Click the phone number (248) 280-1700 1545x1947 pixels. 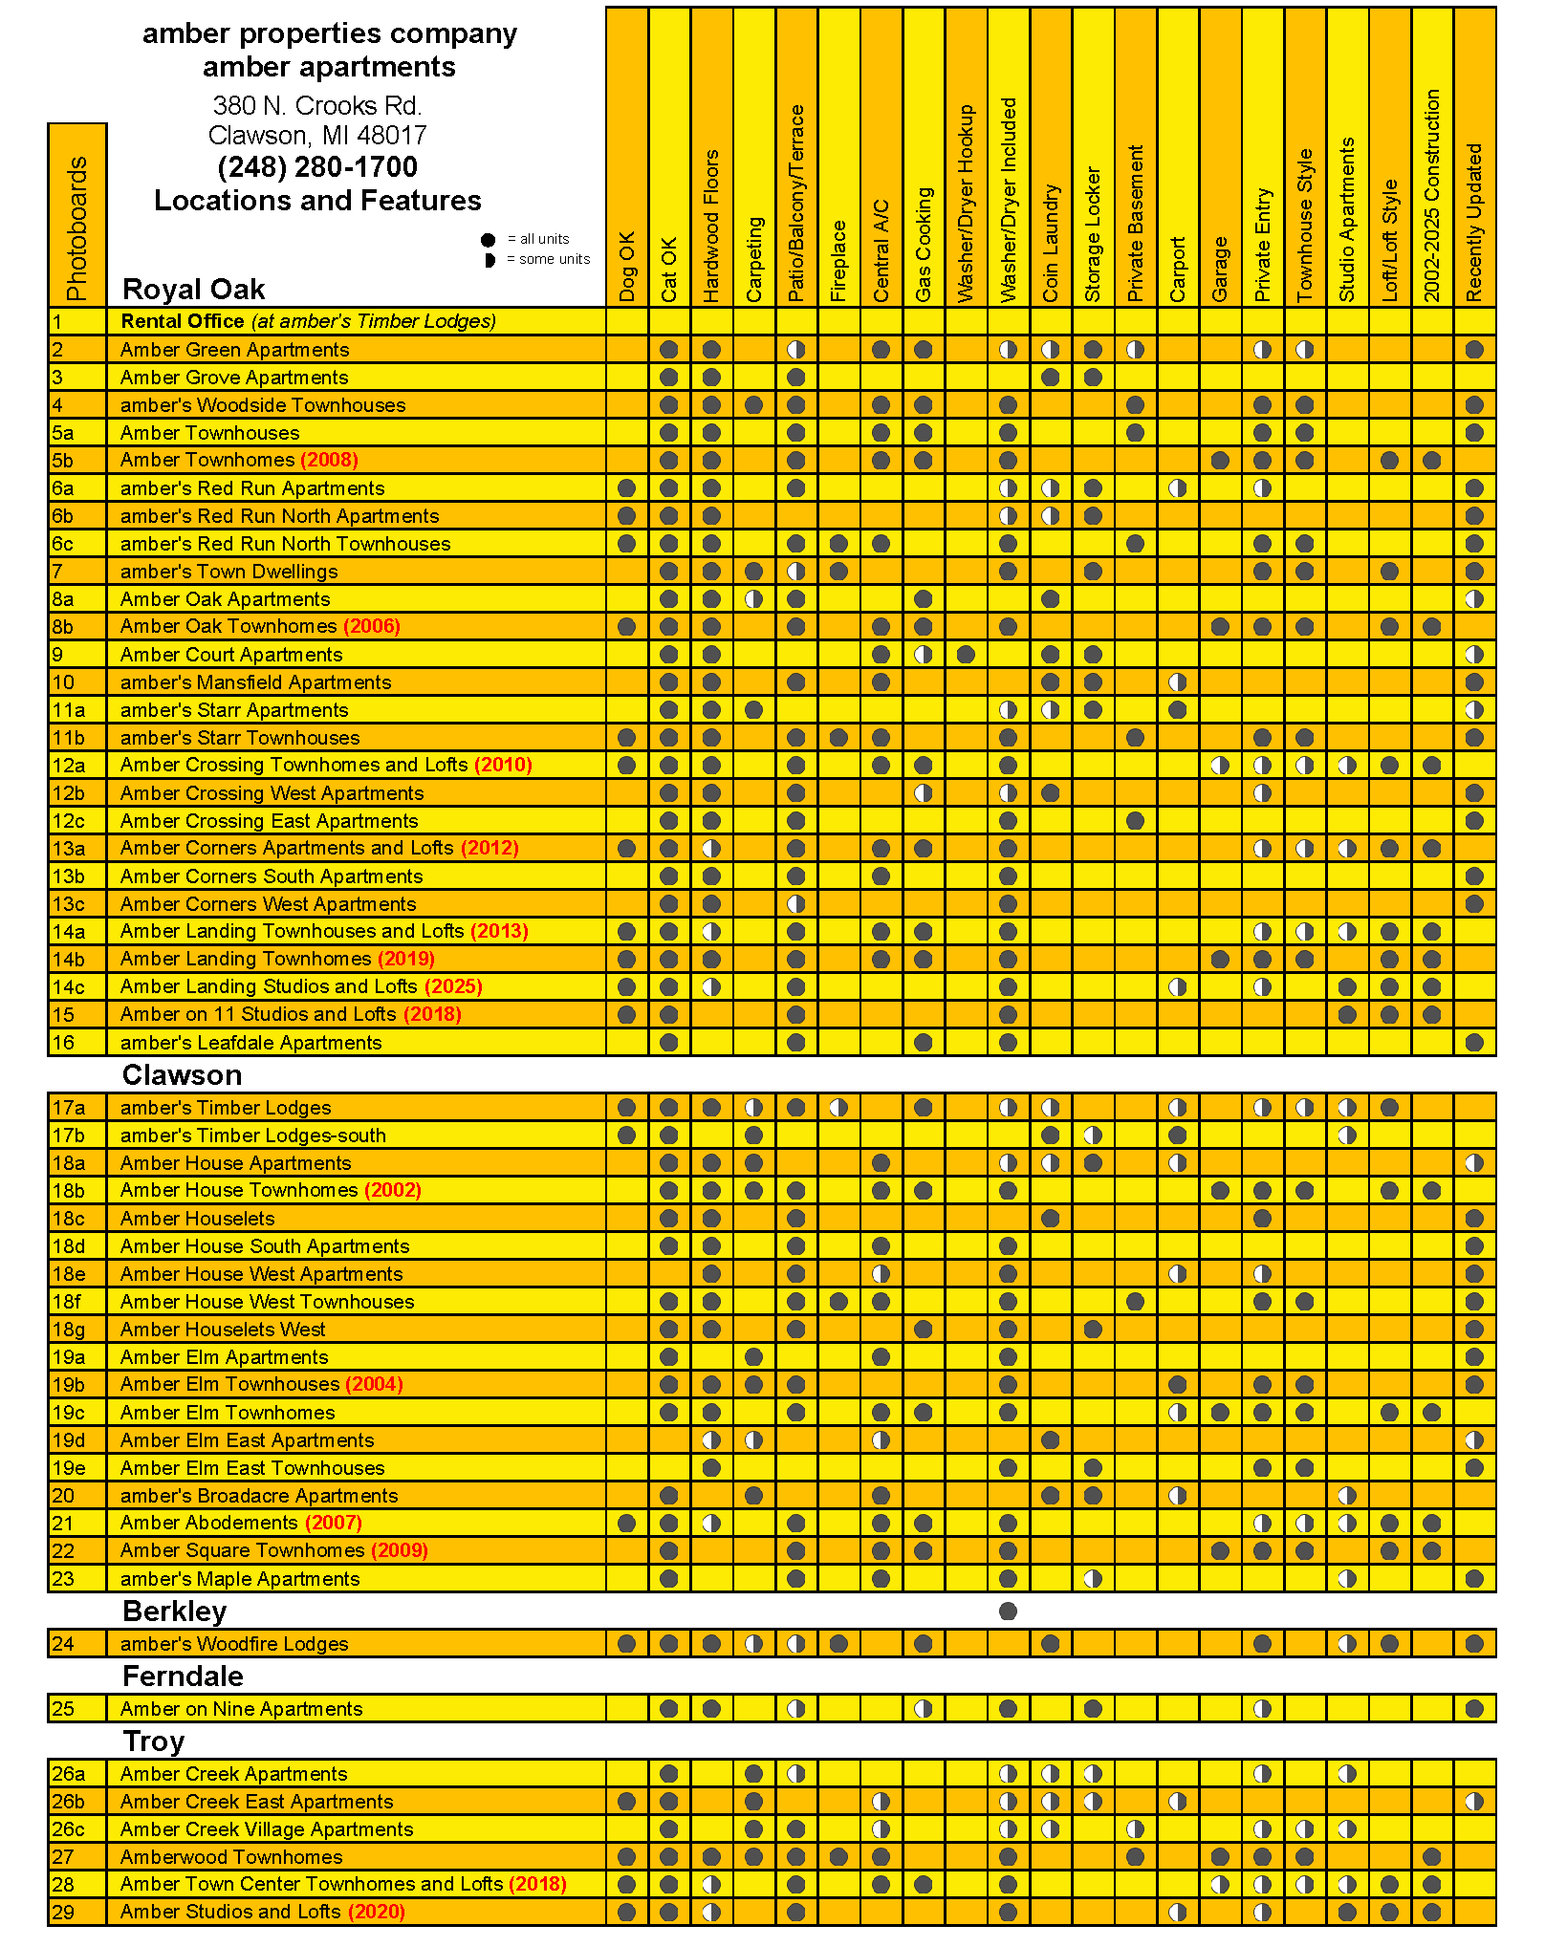(317, 167)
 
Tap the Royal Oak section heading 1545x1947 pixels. (193, 289)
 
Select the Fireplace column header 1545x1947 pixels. (838, 261)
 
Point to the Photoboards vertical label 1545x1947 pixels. (77, 228)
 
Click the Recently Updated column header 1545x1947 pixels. (1474, 223)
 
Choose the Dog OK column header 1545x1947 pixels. (627, 267)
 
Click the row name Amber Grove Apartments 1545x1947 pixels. (234, 378)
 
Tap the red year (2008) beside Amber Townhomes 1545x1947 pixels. (329, 460)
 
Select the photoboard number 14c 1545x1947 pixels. (69, 986)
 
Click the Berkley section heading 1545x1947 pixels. (174, 1612)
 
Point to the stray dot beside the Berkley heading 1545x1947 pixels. (1008, 1612)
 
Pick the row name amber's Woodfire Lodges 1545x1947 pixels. (234, 1644)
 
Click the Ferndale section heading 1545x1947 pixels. (183, 1677)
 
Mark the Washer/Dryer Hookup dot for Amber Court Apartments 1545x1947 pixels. (966, 655)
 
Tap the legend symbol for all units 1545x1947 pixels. (489, 240)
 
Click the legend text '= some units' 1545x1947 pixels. (548, 259)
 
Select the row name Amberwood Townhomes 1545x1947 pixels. (231, 1857)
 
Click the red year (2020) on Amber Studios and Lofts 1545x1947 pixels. (377, 1912)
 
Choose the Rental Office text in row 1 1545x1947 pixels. (183, 321)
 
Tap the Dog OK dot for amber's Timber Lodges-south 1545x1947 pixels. (627, 1136)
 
